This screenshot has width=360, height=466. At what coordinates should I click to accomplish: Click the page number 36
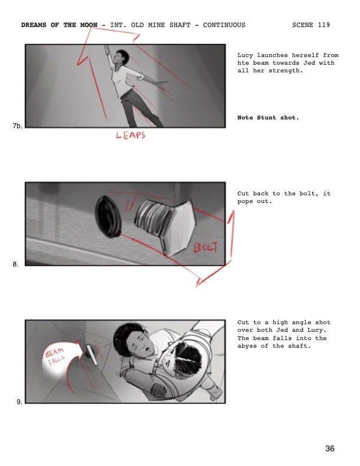click(x=330, y=449)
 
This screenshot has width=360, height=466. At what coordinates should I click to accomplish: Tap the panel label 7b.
click(x=16, y=126)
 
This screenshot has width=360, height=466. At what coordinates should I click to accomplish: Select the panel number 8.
click(x=16, y=264)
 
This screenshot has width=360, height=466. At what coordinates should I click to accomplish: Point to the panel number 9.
click(x=19, y=402)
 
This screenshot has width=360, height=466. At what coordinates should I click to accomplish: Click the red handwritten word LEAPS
click(x=130, y=136)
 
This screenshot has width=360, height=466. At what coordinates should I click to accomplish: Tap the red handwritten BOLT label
click(x=206, y=247)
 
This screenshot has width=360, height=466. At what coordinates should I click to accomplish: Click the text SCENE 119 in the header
click(x=311, y=25)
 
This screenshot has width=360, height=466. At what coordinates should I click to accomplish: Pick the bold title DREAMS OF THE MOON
click(x=59, y=25)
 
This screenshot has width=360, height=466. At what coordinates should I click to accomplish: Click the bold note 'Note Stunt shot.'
click(x=268, y=118)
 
